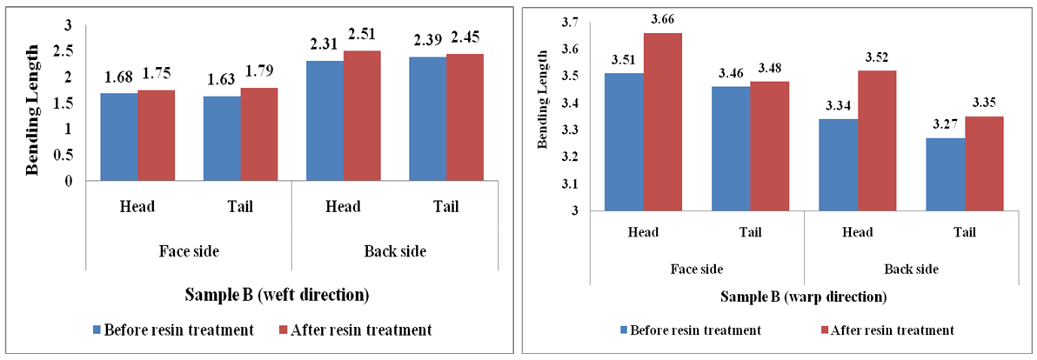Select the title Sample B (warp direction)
point(802,297)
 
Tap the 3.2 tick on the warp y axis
point(566,157)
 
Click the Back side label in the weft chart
point(393,250)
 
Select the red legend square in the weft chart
point(284,330)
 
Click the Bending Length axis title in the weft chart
point(34,103)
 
